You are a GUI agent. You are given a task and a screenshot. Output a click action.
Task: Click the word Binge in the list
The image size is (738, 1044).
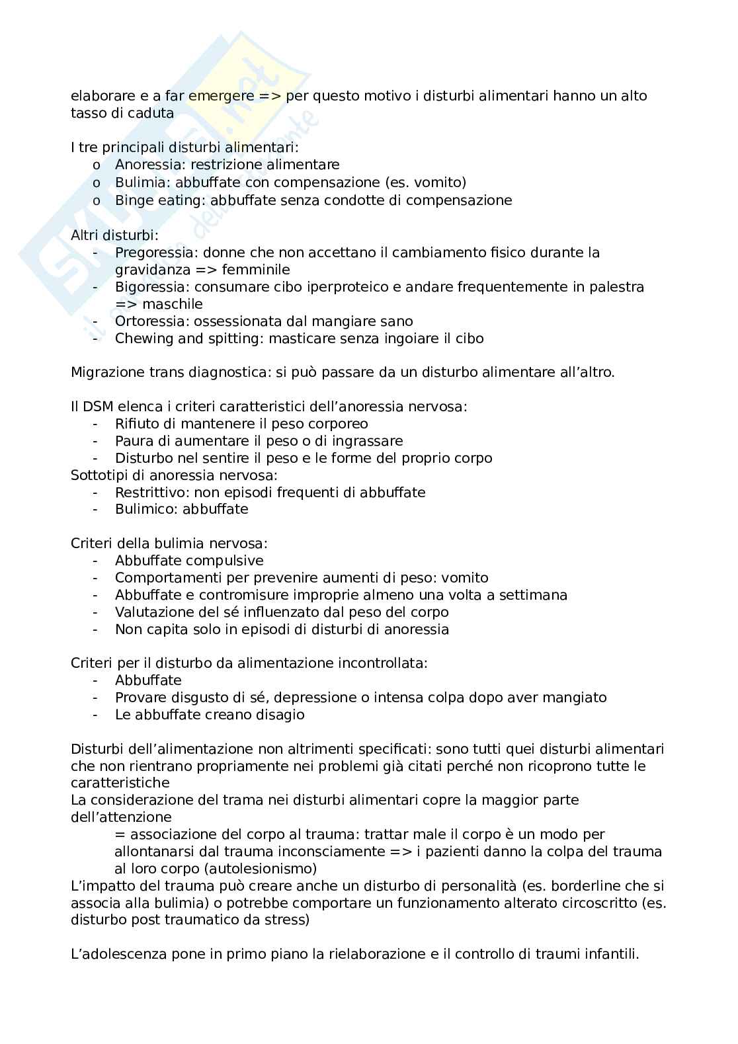tap(134, 200)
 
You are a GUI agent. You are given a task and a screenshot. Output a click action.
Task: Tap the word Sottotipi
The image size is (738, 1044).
tap(98, 475)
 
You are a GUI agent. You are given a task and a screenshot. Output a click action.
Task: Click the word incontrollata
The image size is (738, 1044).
tap(384, 663)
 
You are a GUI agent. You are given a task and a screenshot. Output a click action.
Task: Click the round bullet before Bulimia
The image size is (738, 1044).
tap(97, 183)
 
